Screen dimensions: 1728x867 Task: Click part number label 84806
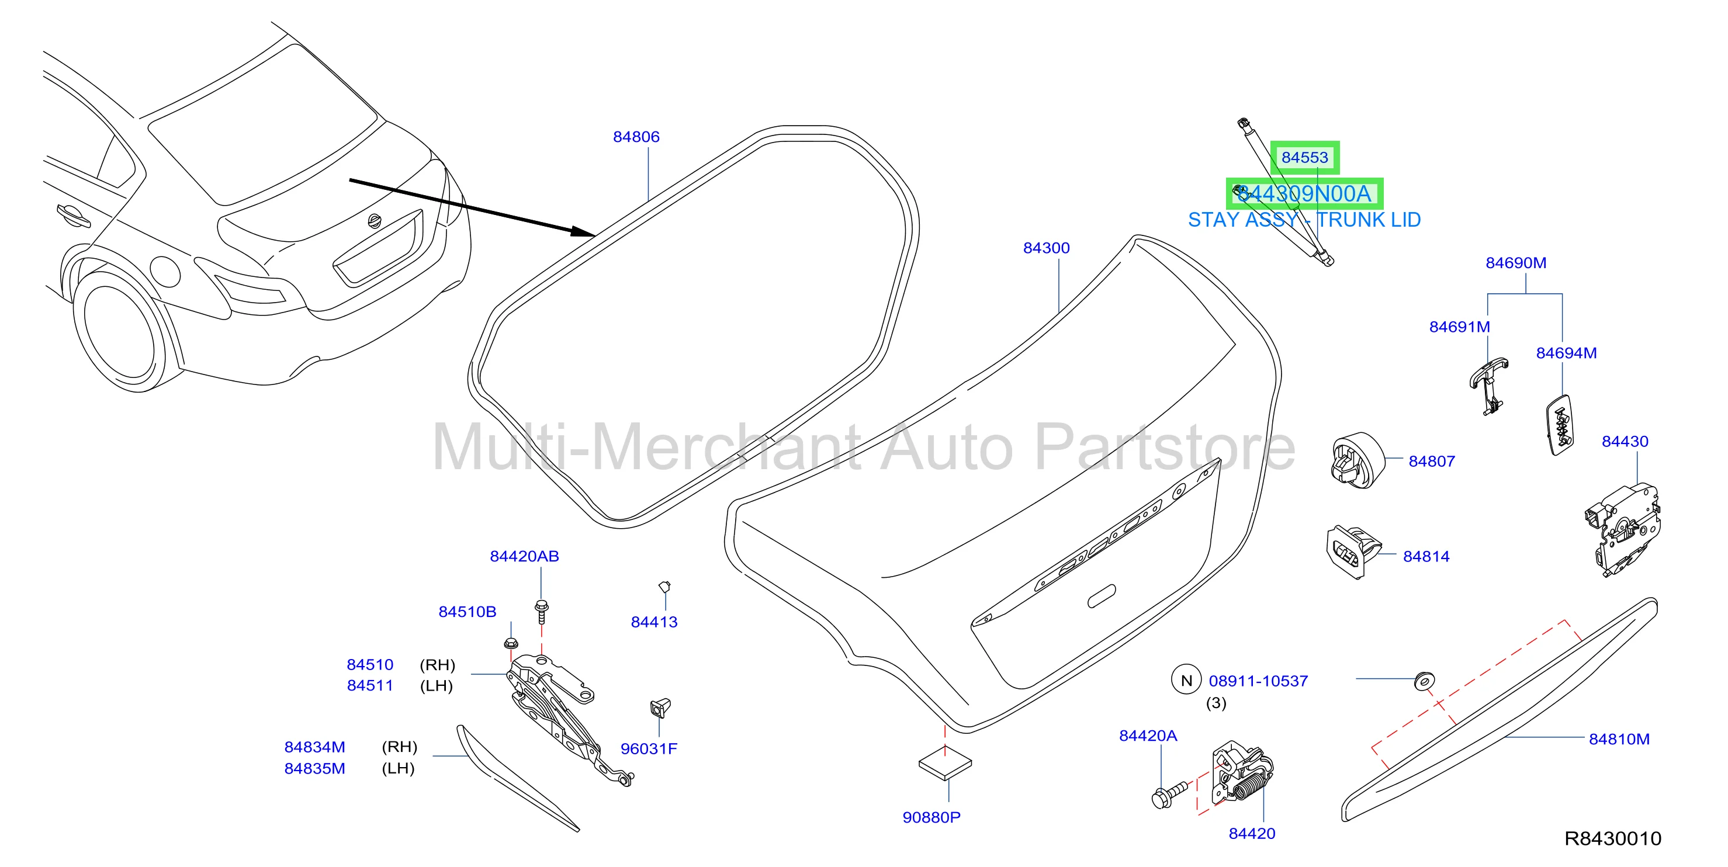[636, 137]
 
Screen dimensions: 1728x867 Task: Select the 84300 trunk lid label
[1046, 248]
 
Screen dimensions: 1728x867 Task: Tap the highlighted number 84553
[1304, 158]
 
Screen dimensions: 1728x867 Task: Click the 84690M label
[1515, 263]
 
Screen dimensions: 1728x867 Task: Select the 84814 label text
[1426, 557]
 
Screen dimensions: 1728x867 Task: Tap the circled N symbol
[1186, 680]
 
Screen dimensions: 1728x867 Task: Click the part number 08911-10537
[1258, 681]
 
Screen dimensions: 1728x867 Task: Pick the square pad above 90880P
[945, 764]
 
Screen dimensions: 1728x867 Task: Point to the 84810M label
[1619, 739]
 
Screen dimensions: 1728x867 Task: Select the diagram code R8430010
[1613, 838]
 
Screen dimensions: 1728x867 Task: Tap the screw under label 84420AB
[541, 612]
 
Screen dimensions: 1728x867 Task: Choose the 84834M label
[314, 747]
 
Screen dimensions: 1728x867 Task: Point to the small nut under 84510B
[511, 644]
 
